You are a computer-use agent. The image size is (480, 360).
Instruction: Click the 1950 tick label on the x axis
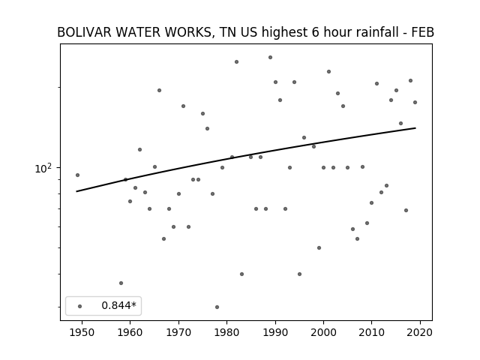[82, 332]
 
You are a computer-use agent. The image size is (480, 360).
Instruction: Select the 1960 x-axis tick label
[130, 332]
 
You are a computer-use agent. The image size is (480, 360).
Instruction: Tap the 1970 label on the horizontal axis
[178, 332]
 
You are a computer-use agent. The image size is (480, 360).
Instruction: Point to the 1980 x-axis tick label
[226, 332]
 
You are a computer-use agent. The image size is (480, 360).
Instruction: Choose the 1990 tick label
[275, 332]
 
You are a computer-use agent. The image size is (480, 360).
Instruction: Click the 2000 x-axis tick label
[323, 332]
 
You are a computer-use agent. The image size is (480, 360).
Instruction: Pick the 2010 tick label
[372, 332]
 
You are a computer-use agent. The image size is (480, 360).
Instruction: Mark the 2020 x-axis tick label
[420, 332]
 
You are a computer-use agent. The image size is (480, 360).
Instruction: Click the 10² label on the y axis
[43, 168]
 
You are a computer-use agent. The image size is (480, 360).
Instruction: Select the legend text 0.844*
[118, 305]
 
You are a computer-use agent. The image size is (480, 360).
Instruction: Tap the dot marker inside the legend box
[80, 306]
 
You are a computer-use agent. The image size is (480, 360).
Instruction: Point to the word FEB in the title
[424, 32]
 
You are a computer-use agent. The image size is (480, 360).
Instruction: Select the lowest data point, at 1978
[217, 307]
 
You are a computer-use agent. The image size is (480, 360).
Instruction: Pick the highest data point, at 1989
[270, 57]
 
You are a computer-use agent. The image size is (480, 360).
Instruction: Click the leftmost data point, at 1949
[77, 175]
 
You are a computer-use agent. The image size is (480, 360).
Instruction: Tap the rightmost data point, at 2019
[415, 102]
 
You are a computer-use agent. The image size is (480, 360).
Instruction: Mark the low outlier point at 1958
[121, 283]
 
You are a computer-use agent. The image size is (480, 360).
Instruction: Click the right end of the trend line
[415, 128]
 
